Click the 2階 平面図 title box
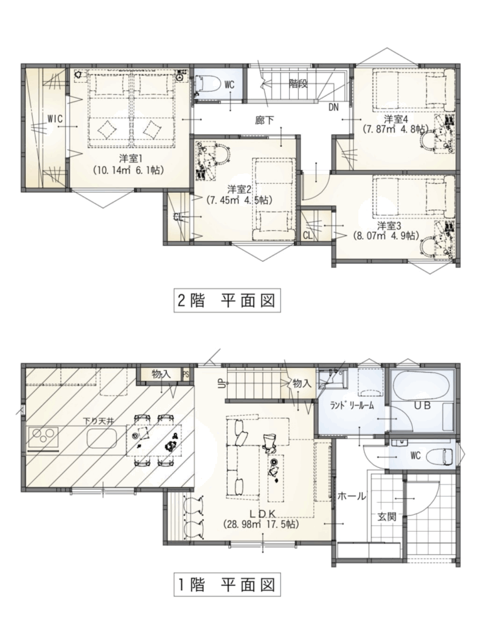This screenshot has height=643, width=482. [227, 301]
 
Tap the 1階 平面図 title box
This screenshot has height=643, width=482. [227, 584]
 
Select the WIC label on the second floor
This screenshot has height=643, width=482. [55, 119]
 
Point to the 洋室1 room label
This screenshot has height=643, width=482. [128, 158]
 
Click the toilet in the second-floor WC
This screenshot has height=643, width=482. [203, 85]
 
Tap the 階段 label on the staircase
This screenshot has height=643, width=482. [298, 84]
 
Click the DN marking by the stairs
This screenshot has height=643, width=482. [333, 107]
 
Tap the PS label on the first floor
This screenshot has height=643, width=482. [186, 374]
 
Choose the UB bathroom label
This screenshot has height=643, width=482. [422, 406]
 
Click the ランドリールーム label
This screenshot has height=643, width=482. [353, 406]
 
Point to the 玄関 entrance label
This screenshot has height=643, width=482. [387, 517]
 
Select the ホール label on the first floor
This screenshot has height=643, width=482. [351, 496]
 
